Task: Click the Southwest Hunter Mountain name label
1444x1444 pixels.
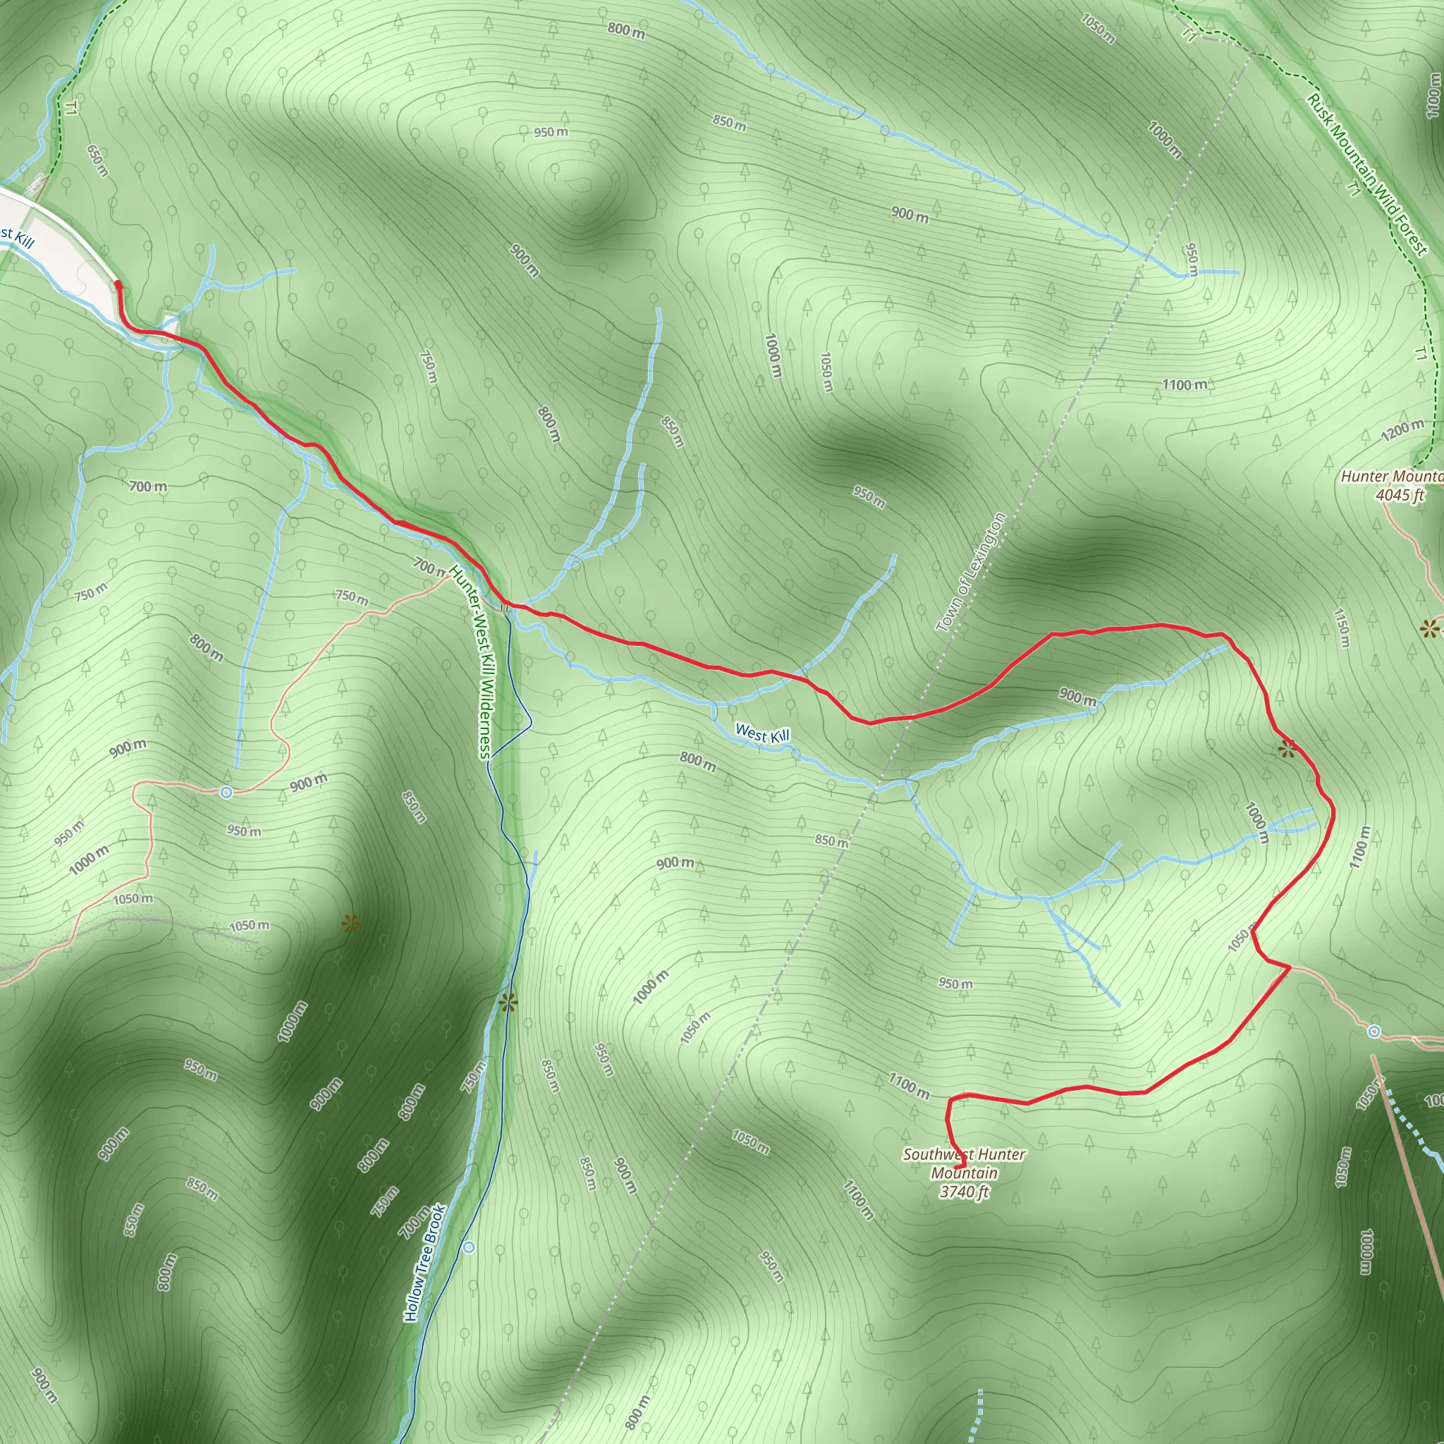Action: point(964,1163)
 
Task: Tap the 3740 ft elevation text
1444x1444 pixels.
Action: point(964,1192)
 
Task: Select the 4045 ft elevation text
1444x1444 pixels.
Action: point(1399,495)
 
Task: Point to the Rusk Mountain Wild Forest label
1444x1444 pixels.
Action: point(1367,174)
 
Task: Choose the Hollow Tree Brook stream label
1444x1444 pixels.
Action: point(425,1262)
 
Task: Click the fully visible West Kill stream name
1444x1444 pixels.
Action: point(761,734)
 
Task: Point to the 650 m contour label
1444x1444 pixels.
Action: point(97,161)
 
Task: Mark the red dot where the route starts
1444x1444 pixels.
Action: point(117,284)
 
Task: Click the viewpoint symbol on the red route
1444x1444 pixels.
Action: point(1286,748)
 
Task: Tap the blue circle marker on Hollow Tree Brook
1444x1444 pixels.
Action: point(469,1247)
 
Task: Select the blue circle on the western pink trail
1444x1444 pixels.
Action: point(226,793)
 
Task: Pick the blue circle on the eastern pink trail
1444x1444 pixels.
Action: point(1373,1032)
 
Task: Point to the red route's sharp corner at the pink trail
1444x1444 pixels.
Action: point(1290,967)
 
